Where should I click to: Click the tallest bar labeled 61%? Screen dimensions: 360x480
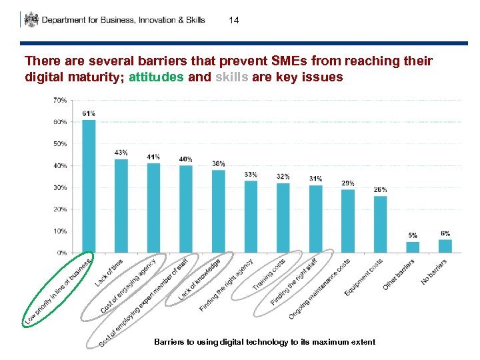89,187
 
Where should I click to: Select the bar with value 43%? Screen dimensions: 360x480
121,206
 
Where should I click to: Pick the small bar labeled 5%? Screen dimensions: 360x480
413,247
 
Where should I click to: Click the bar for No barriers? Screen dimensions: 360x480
445,246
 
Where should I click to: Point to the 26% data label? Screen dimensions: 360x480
380,190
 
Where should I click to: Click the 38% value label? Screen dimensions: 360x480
218,163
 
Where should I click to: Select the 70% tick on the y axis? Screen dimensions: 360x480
59,101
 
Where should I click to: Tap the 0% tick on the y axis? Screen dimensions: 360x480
61,253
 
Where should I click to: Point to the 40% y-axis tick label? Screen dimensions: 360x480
59,166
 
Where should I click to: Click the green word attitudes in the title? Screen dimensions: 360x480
157,77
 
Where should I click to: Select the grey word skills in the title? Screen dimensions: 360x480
232,77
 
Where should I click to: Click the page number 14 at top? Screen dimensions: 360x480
233,21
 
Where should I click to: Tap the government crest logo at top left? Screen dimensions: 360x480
31,19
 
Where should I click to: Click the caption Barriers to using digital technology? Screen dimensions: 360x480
265,342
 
